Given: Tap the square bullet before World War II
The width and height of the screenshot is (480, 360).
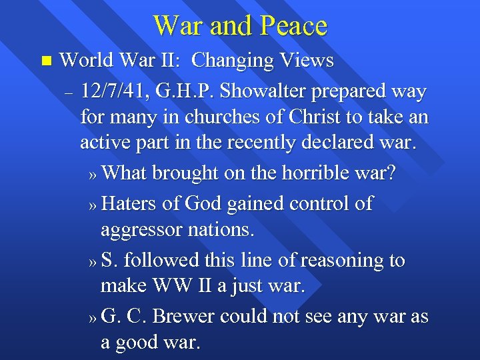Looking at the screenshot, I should (45, 61).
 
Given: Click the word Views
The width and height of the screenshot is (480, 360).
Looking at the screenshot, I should (308, 61).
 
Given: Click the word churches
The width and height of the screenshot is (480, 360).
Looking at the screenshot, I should (212, 117).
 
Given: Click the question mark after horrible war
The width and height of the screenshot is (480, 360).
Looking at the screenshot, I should (391, 173).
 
